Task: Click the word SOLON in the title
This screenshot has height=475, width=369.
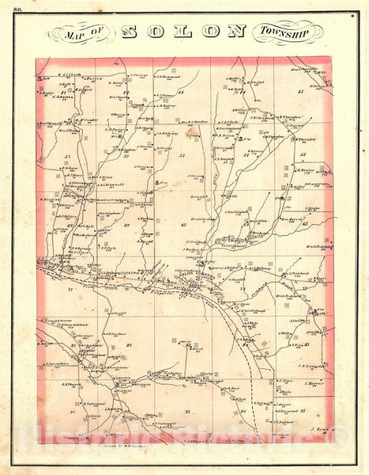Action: click(x=184, y=32)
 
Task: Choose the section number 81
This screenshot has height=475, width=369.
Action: click(x=72, y=345)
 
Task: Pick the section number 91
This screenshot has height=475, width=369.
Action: click(x=72, y=412)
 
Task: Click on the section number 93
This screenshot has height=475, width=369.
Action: click(x=187, y=411)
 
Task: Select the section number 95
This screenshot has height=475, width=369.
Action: click(x=303, y=412)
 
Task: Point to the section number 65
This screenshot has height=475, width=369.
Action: click(x=304, y=224)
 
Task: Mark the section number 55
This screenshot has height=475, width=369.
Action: click(x=303, y=154)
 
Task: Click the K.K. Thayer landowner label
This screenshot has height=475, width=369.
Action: click(x=73, y=386)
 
